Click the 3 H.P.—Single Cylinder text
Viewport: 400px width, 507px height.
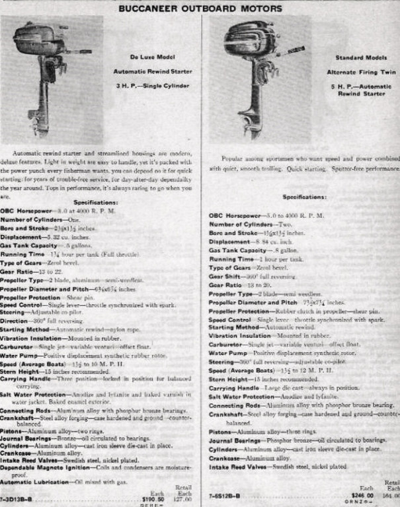pos(152,86)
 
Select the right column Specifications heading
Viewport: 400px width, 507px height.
pos(304,197)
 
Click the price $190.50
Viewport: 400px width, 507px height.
pos(154,499)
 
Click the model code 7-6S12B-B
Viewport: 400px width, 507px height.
pos(225,494)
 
